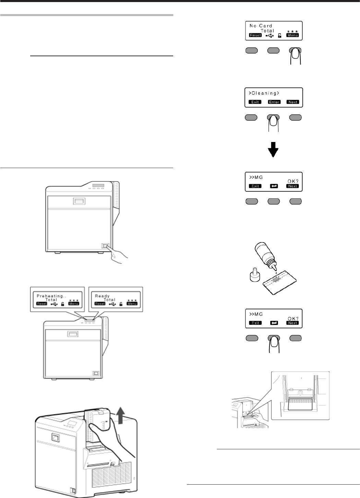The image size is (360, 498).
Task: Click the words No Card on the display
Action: (x=261, y=26)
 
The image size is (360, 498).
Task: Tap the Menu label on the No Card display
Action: (x=292, y=35)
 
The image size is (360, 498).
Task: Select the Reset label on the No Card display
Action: (x=255, y=35)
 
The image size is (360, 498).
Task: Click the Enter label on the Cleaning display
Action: (x=274, y=102)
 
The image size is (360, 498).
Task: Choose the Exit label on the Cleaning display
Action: (x=255, y=102)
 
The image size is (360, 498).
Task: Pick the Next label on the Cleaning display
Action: (x=293, y=102)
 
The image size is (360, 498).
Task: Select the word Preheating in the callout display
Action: (x=50, y=296)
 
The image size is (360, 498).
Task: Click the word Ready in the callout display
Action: (x=102, y=296)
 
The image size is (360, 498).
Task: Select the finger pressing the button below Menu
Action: (x=295, y=57)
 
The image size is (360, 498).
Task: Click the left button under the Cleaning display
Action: (x=251, y=118)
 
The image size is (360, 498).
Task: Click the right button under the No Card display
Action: (x=296, y=50)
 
